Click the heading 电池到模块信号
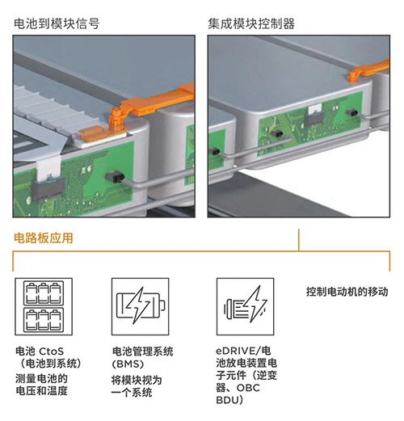pyautogui.click(x=57, y=23)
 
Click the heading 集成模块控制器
pyautogui.click(x=251, y=23)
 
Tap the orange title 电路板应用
pyautogui.click(x=44, y=238)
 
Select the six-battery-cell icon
pyautogui.click(x=44, y=306)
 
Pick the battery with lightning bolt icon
pyautogui.click(x=141, y=306)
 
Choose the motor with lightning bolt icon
pyautogui.click(x=246, y=306)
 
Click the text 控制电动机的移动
pyautogui.click(x=347, y=292)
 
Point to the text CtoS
pyautogui.click(x=52, y=352)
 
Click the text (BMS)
pyautogui.click(x=128, y=364)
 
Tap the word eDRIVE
pyautogui.click(x=235, y=351)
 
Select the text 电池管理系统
pyautogui.click(x=142, y=352)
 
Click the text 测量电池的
pyautogui.click(x=41, y=378)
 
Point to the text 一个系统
pyautogui.click(x=132, y=393)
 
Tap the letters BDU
pyautogui.click(x=227, y=400)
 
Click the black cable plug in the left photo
pyautogui.click(x=115, y=177)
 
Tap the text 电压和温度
pyautogui.click(x=41, y=390)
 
